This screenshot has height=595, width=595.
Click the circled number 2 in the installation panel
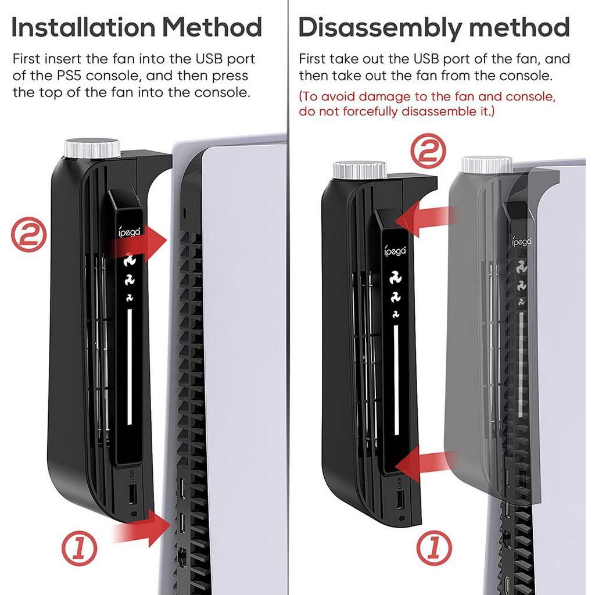[x=29, y=235]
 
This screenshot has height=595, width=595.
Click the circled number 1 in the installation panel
[x=79, y=549]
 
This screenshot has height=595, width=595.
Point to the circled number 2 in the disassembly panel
[x=428, y=151]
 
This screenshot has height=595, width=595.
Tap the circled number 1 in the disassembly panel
[x=434, y=549]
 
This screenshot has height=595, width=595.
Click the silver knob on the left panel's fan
[x=92, y=148]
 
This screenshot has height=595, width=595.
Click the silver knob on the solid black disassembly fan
[x=360, y=170]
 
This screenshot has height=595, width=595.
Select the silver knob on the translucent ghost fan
[x=487, y=165]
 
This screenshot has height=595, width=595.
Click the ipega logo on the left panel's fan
[x=130, y=231]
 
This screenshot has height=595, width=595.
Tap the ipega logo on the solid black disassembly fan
[x=395, y=250]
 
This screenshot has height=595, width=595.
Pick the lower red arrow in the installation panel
[x=142, y=528]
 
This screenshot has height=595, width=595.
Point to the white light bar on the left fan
[x=130, y=367]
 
